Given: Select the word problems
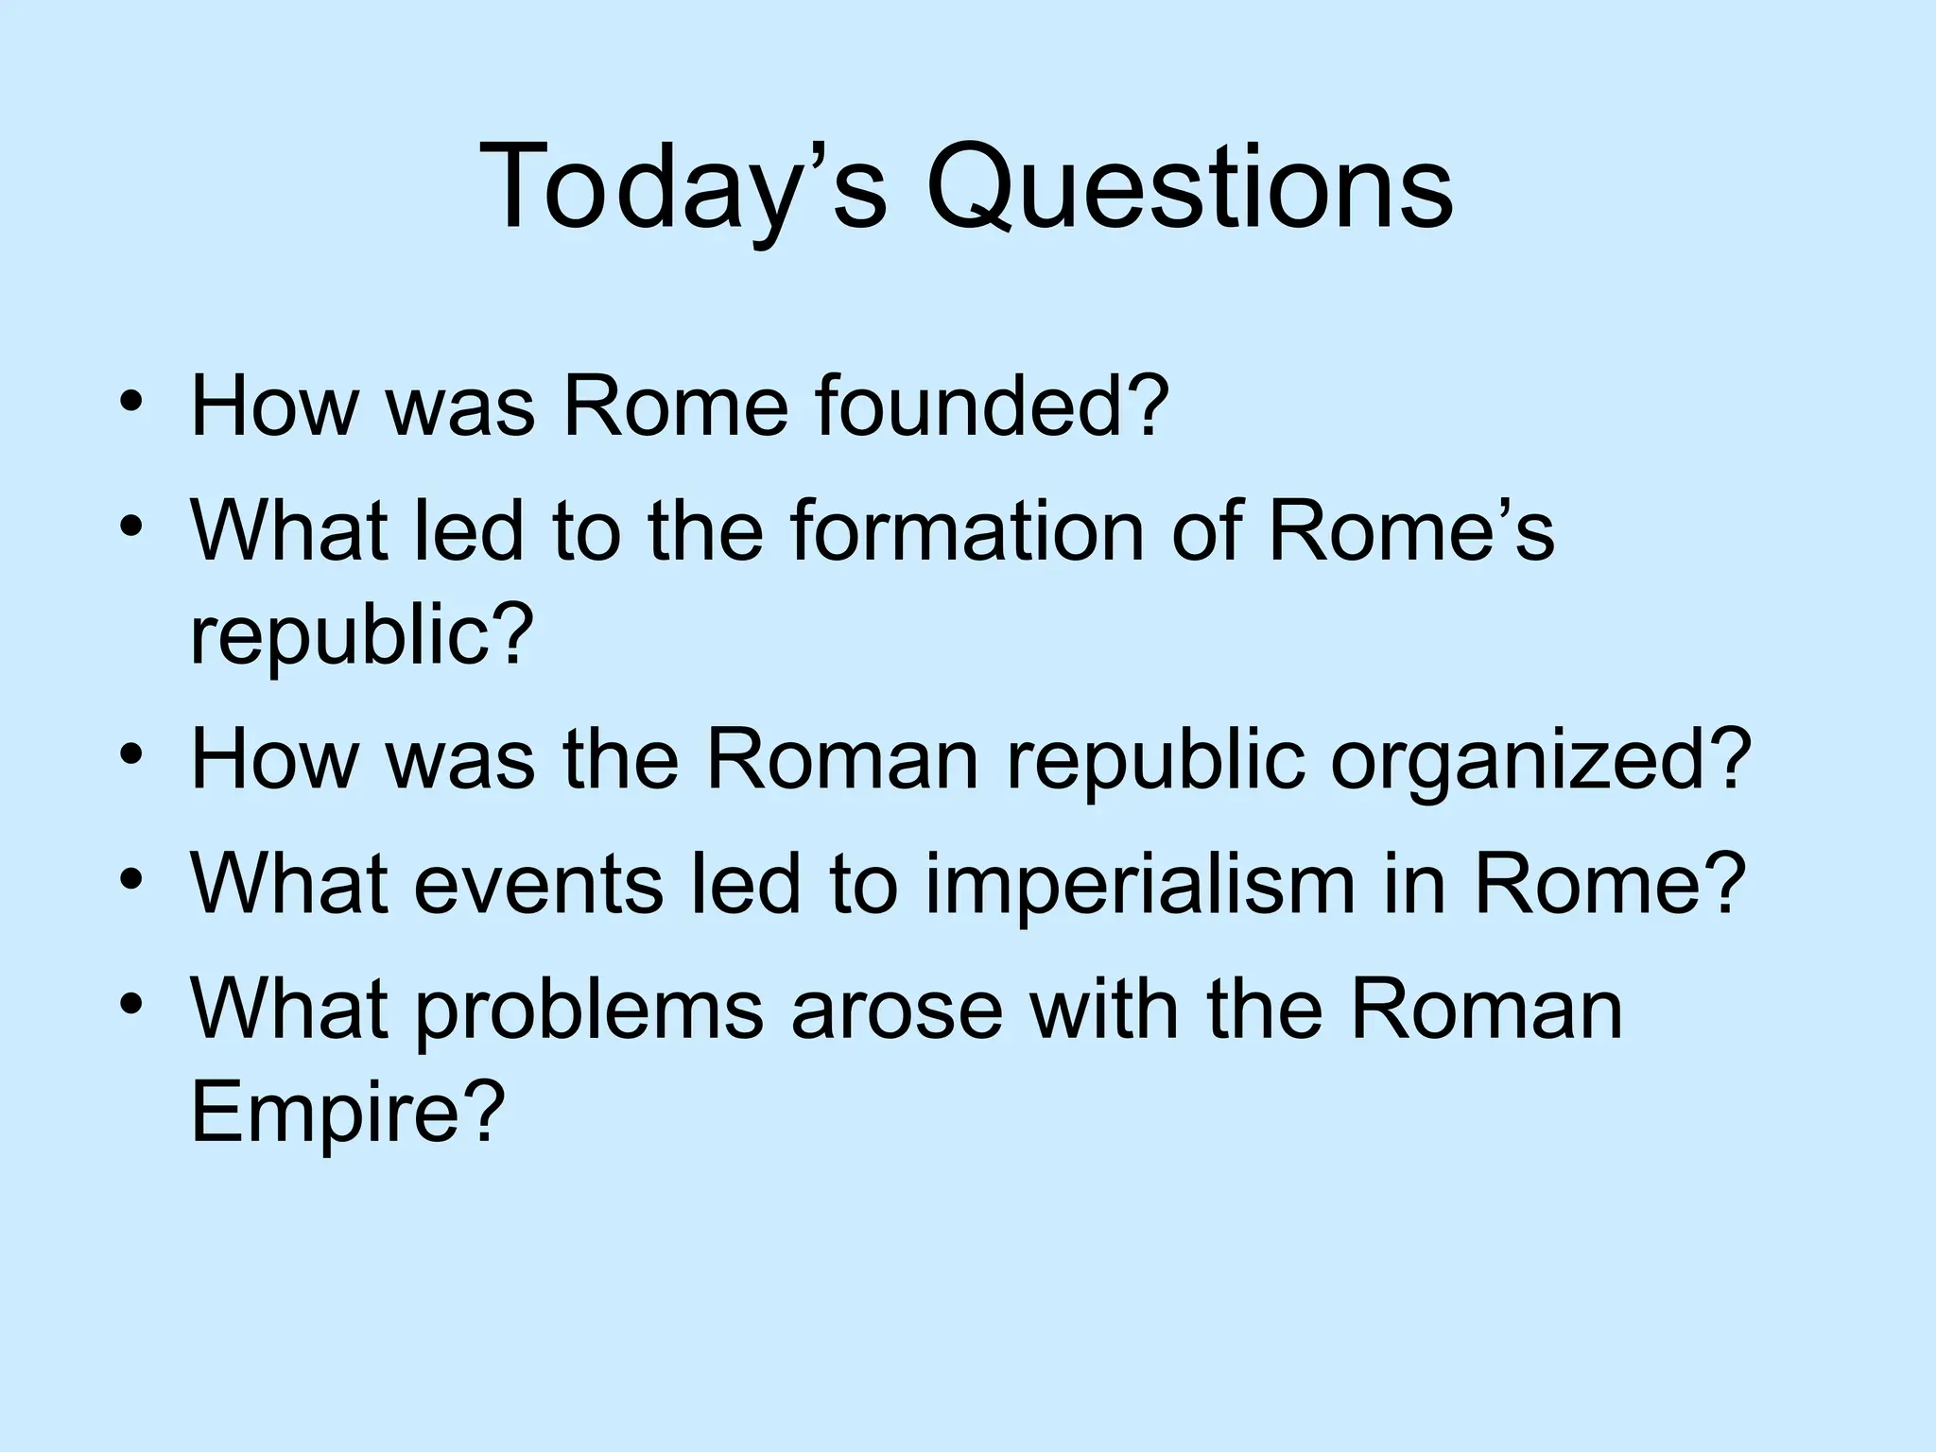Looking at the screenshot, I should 589,1010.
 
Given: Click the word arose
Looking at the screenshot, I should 896,1010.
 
